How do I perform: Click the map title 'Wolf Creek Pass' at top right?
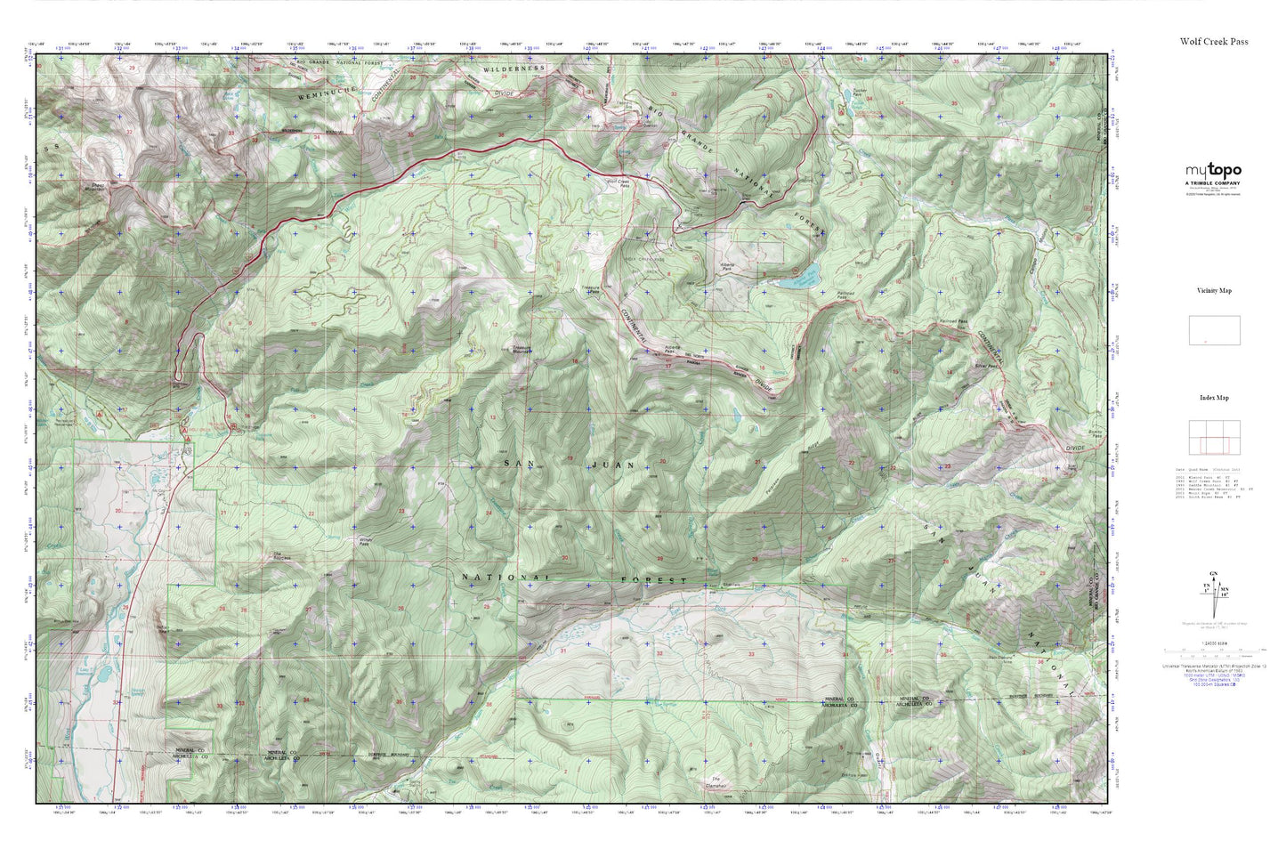1213,41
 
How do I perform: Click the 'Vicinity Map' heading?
1214,290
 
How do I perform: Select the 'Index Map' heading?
1214,398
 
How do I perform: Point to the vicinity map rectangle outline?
1214,330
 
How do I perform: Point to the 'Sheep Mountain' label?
93,187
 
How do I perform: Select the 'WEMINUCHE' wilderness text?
302,91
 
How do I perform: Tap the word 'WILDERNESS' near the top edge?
514,69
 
